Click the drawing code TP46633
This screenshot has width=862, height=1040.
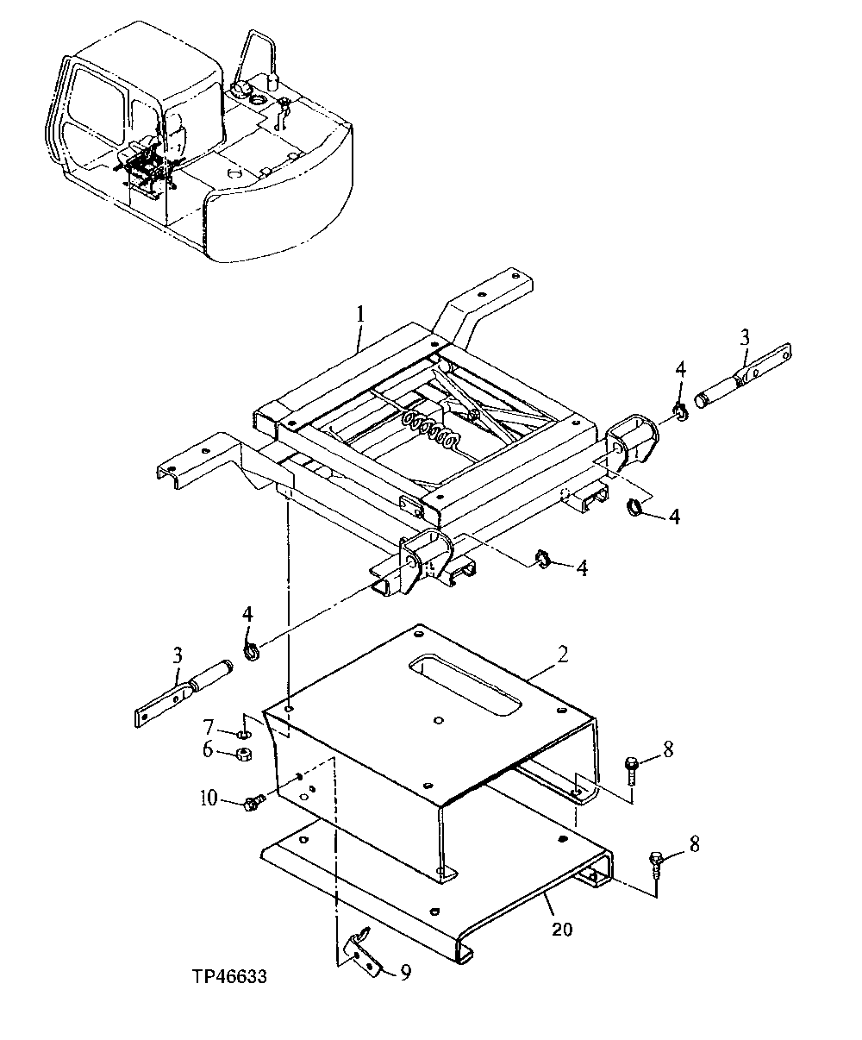[229, 977]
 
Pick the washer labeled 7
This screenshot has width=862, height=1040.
[244, 734]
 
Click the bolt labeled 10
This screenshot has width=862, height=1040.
[253, 803]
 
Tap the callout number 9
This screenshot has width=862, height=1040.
[404, 974]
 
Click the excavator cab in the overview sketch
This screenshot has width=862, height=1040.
[121, 112]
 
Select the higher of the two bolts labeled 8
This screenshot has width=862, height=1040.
[632, 767]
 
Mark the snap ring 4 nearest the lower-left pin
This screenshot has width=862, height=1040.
[252, 650]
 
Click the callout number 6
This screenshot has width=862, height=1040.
[208, 750]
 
